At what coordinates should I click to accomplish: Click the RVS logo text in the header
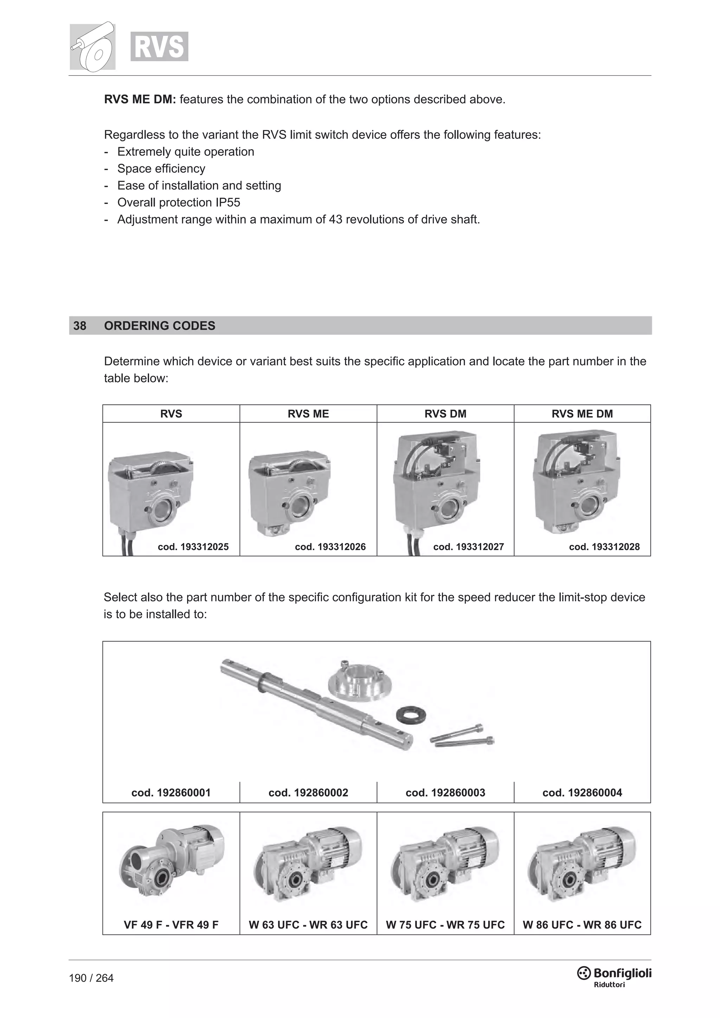click(x=159, y=46)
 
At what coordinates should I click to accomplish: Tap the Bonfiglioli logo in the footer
click(x=615, y=974)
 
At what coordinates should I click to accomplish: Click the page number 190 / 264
click(x=91, y=978)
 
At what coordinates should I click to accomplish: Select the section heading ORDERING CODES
click(x=160, y=326)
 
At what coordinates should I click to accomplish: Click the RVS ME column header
click(x=308, y=414)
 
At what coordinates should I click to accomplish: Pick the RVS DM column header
click(x=445, y=414)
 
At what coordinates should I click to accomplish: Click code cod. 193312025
click(x=193, y=547)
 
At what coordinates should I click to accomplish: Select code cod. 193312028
click(x=604, y=547)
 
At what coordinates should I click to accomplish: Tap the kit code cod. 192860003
click(x=445, y=792)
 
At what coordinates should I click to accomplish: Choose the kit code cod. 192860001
click(x=171, y=792)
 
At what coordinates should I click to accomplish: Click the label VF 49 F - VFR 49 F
click(x=171, y=924)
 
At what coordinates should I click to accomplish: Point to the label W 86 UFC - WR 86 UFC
click(x=582, y=924)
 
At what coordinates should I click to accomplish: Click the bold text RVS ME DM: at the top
click(x=140, y=99)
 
